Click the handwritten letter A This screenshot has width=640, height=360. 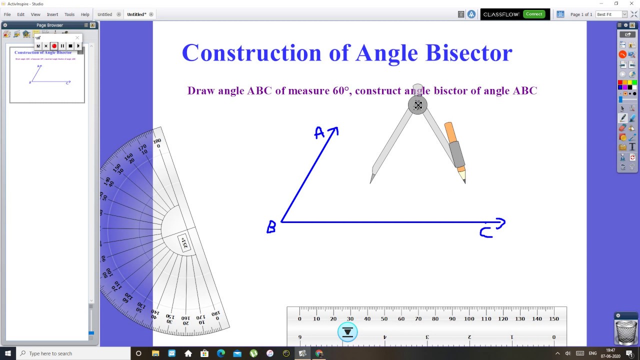[x=319, y=133]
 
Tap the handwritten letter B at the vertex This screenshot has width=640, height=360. [x=271, y=227]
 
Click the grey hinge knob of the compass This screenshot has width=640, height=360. [x=417, y=105]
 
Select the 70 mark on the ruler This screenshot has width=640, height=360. [x=418, y=318]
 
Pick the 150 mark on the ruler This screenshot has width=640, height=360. [x=554, y=318]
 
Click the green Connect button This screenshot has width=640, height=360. [x=534, y=14]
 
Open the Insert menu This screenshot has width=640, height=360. [x=52, y=14]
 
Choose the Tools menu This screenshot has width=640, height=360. [x=69, y=14]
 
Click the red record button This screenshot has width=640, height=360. [x=54, y=46]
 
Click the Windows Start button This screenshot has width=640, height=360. [x=8, y=353]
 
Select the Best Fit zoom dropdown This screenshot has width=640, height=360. [x=611, y=14]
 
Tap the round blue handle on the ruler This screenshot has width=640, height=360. [x=347, y=332]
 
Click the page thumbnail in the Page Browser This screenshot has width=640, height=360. [x=47, y=74]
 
